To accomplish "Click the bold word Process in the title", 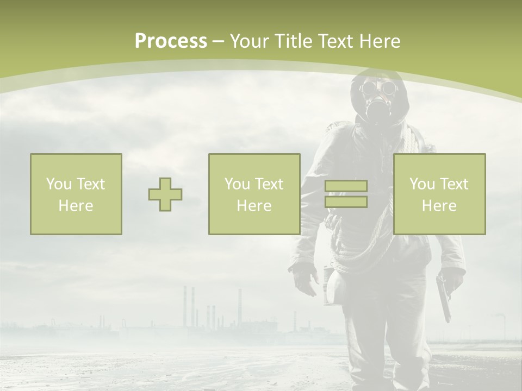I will click(x=171, y=41).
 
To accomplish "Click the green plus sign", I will click(x=165, y=194).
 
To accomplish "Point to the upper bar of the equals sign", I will click(x=346, y=186).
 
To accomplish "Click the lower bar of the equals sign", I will click(x=346, y=202).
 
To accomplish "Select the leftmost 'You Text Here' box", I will click(x=76, y=194).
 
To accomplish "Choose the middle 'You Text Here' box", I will click(x=254, y=194).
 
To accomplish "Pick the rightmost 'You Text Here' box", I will click(x=439, y=194).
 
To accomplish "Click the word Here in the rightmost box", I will click(x=439, y=206).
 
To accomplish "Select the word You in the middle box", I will click(x=237, y=184).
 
